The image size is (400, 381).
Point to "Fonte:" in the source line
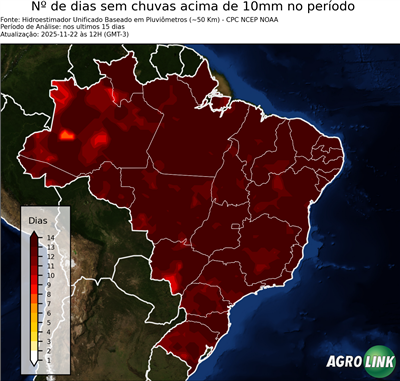(12, 22)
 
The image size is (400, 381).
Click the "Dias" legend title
(37, 219)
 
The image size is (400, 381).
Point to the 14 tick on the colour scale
(50, 238)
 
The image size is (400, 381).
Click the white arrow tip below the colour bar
(34, 359)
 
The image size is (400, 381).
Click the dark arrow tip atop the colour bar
(34, 233)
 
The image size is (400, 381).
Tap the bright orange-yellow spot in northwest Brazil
(68, 134)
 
